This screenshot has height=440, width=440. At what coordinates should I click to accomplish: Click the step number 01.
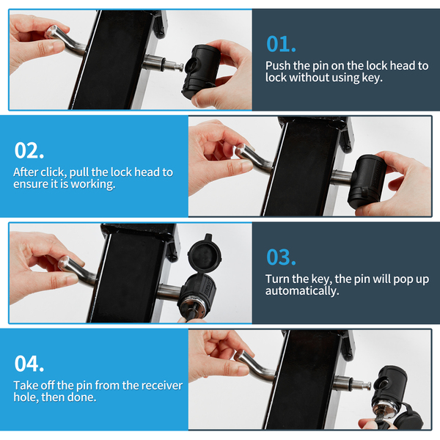(x=281, y=44)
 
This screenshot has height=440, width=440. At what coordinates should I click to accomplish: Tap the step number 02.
(x=29, y=150)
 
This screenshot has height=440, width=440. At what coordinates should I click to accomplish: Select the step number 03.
(x=281, y=257)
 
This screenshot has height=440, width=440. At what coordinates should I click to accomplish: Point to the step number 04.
(x=29, y=364)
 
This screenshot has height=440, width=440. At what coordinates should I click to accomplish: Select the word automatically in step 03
(x=302, y=291)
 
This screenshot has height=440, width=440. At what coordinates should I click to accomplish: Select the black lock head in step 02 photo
(x=366, y=180)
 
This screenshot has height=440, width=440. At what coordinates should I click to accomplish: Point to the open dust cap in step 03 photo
(x=205, y=254)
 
